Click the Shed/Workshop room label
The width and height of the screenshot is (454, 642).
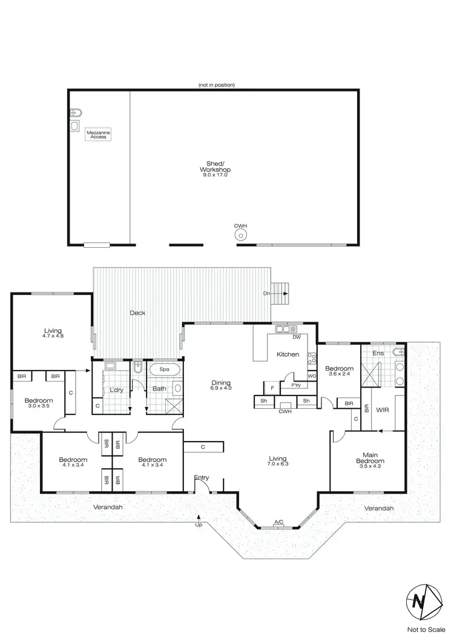tap(217, 173)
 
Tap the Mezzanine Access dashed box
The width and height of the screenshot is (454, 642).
tap(98, 134)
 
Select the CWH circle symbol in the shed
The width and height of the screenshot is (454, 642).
tap(241, 236)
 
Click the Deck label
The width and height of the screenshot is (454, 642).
tap(137, 313)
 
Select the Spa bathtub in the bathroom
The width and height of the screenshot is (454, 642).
tap(163, 369)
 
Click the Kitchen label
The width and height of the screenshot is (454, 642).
tap(288, 354)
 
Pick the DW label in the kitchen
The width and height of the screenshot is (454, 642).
tap(297, 337)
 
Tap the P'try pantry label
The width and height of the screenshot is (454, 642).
tap(296, 385)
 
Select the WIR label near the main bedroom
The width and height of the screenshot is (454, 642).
tap(381, 411)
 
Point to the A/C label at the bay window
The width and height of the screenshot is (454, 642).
tap(279, 521)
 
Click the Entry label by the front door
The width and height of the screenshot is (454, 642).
tap(201, 478)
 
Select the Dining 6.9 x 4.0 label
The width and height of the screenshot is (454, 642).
tap(221, 385)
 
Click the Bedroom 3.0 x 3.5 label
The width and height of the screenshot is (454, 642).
tap(38, 403)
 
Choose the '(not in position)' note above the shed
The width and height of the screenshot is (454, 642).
tap(216, 85)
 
